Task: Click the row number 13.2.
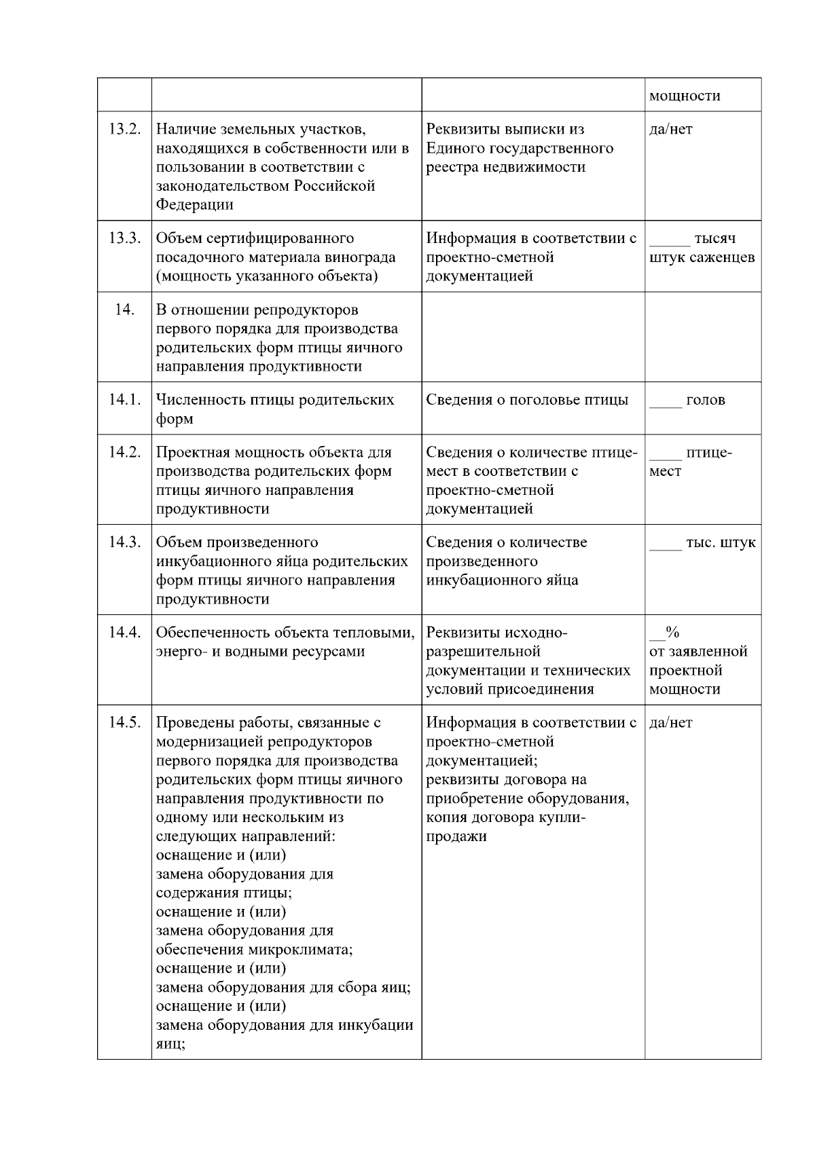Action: click(124, 129)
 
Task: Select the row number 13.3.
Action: click(124, 238)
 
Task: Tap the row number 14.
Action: click(124, 310)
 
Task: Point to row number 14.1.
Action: click(124, 400)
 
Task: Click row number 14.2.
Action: click(124, 452)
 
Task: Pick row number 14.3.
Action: click(124, 542)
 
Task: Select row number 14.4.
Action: click(124, 633)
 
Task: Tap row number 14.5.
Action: click(124, 722)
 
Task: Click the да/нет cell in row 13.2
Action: click(670, 129)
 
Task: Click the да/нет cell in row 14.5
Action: click(670, 722)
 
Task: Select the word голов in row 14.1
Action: click(705, 400)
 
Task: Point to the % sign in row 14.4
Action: click(672, 633)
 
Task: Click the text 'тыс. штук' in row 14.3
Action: click(720, 542)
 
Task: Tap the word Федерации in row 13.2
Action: click(194, 205)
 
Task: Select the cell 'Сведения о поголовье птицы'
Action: click(527, 400)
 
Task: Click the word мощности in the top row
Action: click(685, 96)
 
